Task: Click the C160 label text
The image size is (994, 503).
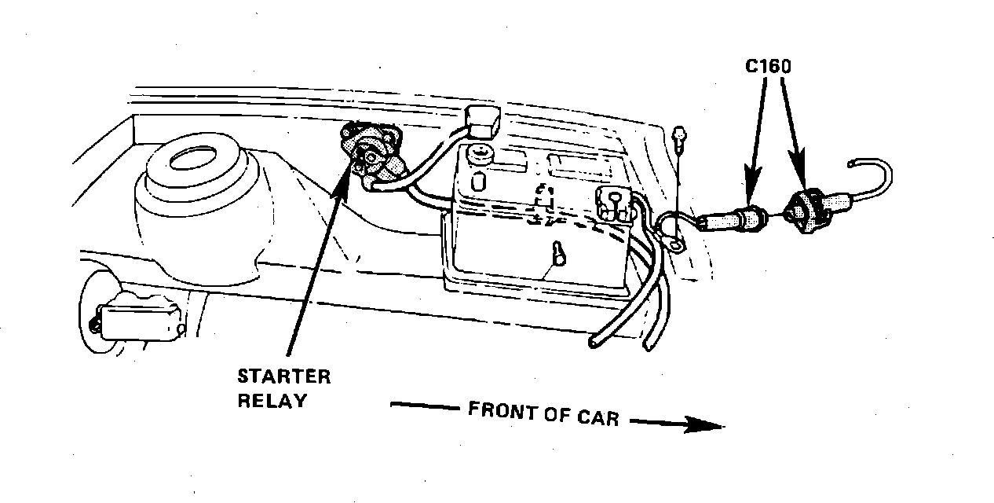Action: pos(767,68)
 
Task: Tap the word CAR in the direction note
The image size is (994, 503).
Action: pos(595,417)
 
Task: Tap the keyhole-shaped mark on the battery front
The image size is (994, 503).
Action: pos(558,255)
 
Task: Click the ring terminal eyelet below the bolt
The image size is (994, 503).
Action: pos(674,246)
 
